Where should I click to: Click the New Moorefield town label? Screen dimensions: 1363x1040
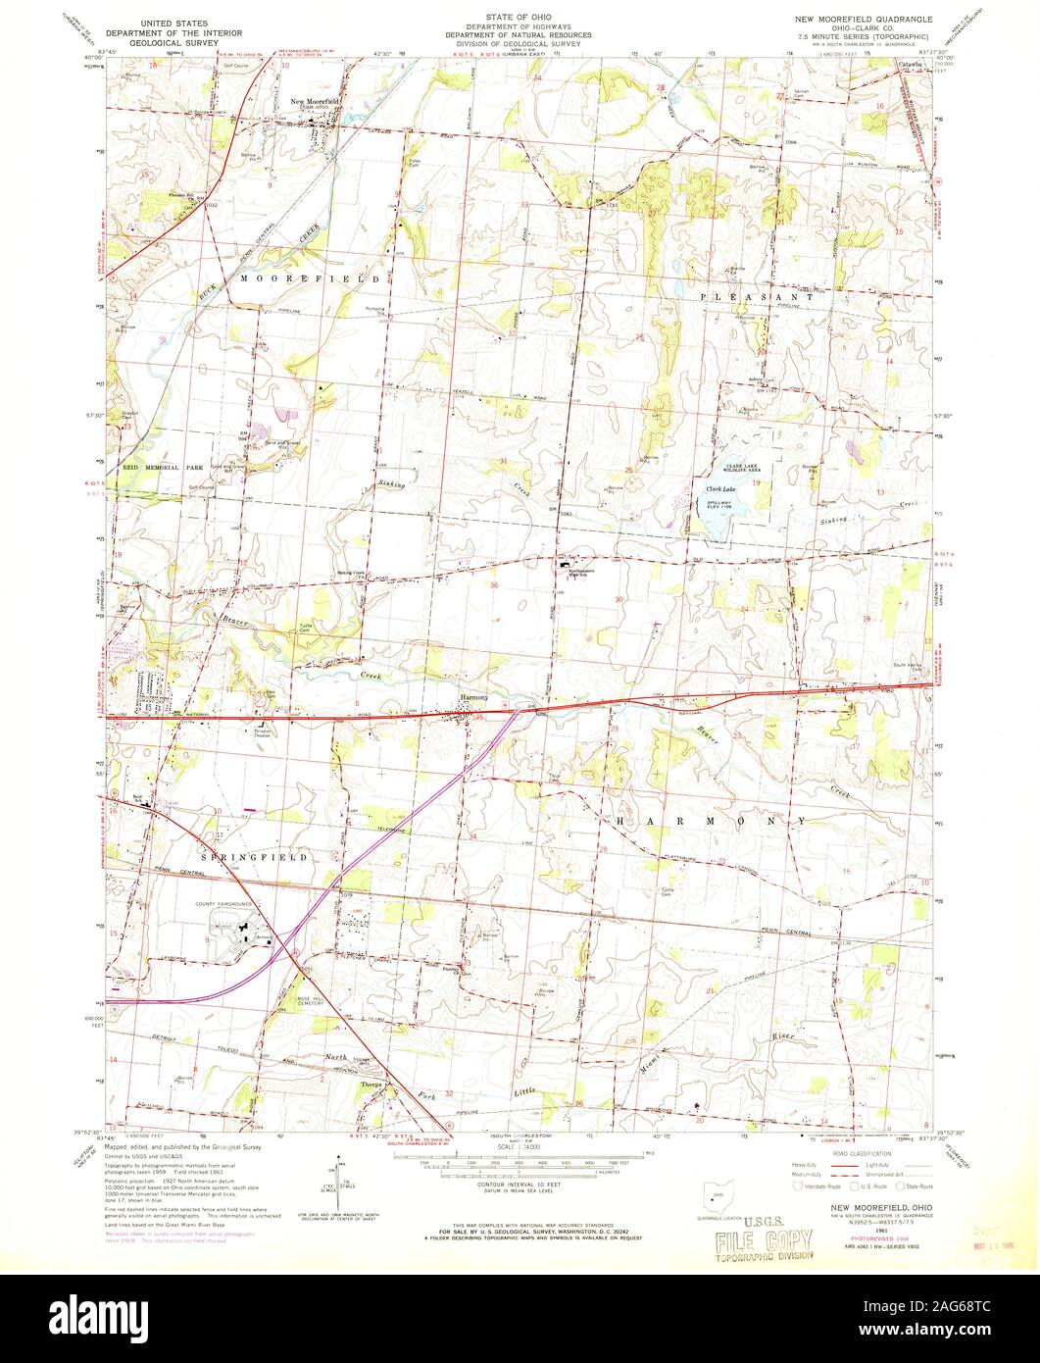[x=315, y=101]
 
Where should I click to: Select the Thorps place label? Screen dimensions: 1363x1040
[x=371, y=1085]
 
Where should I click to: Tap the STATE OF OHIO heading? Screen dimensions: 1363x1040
[x=519, y=17]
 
